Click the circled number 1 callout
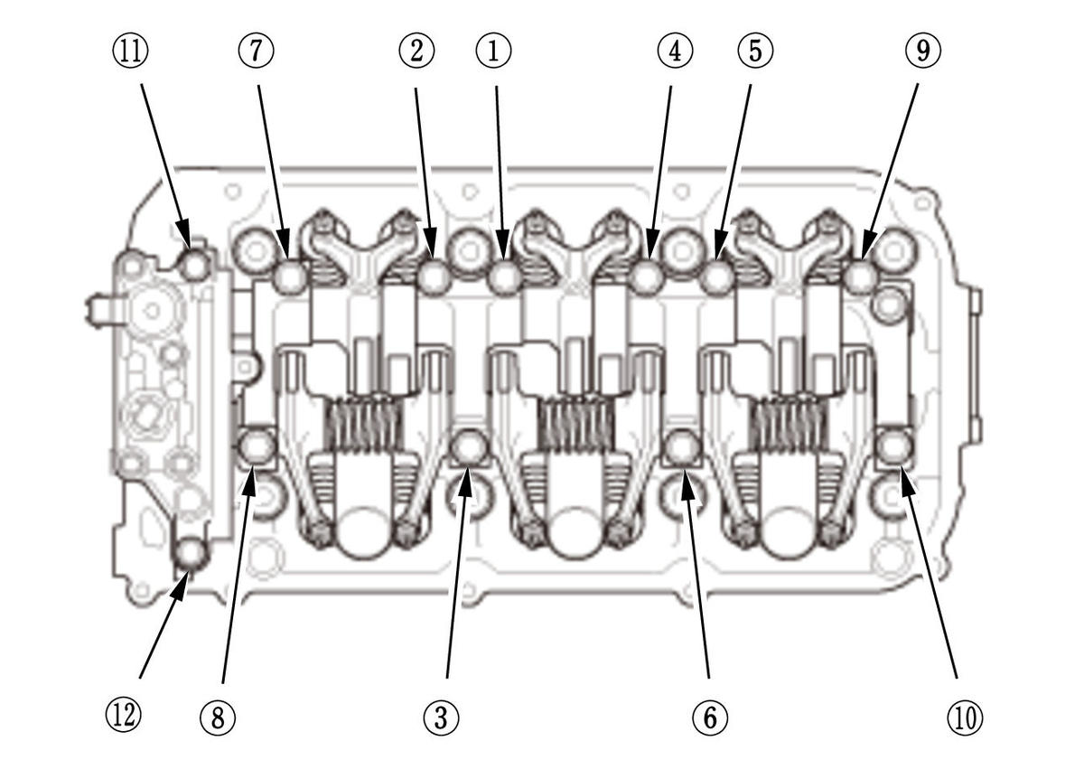point(493,52)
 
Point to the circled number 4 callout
point(674,52)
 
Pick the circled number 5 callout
point(754,52)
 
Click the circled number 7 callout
point(256,52)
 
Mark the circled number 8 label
point(218,717)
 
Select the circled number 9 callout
point(922,52)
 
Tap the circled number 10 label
point(964,717)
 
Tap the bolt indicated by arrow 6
point(682,447)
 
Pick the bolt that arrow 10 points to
point(894,445)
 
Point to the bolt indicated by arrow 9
point(860,277)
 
